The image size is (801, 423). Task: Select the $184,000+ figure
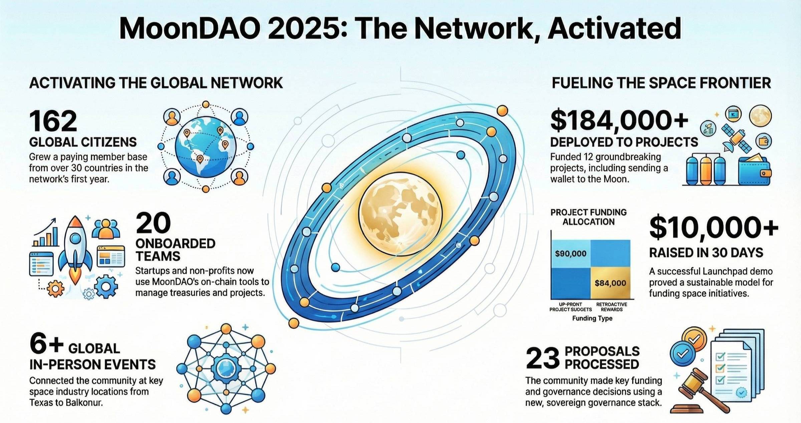coord(619,120)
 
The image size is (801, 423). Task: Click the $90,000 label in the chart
coord(570,254)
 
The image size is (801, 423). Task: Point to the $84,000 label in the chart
coord(610,283)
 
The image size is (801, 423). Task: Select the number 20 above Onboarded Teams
coord(153,224)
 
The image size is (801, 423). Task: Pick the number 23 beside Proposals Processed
coord(543,358)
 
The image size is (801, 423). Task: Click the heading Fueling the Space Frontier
coord(661,83)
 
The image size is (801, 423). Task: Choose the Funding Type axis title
coord(592,318)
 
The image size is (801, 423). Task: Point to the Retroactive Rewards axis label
coord(611,307)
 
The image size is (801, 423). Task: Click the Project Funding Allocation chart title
coord(588,217)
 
